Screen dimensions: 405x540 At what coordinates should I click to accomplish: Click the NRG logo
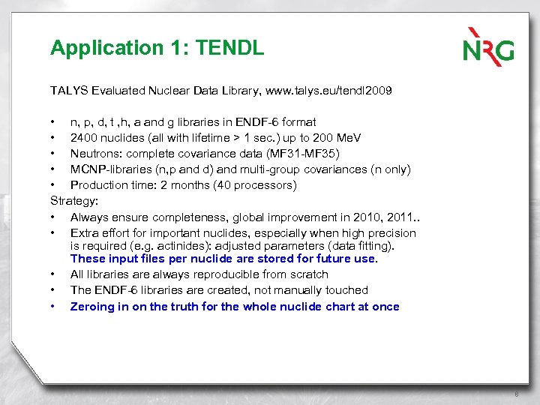pyautogui.click(x=488, y=46)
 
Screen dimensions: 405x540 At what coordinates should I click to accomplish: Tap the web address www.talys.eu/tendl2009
pyautogui.click(x=323, y=91)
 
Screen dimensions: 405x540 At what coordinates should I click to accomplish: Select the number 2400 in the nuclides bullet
pyautogui.click(x=84, y=138)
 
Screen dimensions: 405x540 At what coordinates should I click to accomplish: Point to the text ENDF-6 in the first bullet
pyautogui.click(x=255, y=121)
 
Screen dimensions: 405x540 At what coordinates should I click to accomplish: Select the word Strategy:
pyautogui.click(x=74, y=201)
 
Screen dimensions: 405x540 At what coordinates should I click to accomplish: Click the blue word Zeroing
pyautogui.click(x=93, y=306)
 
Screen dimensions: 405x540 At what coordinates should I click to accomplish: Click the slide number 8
pyautogui.click(x=517, y=394)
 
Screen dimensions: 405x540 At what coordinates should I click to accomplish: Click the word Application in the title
pyautogui.click(x=99, y=49)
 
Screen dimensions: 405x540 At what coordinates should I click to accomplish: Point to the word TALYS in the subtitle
pyautogui.click(x=69, y=91)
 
